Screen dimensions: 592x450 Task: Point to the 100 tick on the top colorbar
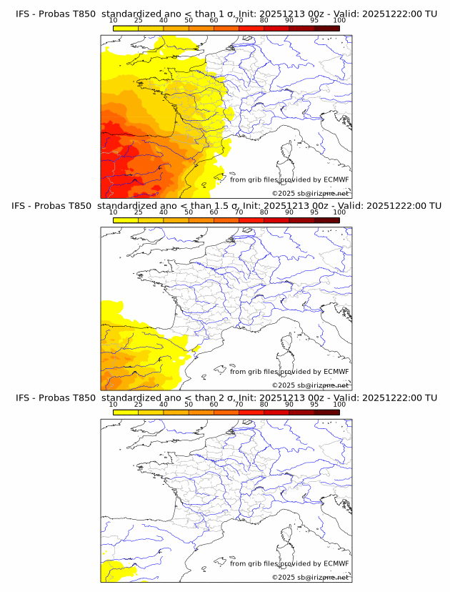point(339,20)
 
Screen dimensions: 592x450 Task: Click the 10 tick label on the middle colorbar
point(113,212)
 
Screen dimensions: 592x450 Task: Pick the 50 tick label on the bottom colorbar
point(189,405)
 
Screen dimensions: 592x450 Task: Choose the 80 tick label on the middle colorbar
point(264,212)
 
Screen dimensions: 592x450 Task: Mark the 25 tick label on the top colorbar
point(138,20)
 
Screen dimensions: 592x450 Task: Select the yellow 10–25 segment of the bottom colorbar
point(125,413)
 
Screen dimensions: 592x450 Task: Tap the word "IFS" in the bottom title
point(25,398)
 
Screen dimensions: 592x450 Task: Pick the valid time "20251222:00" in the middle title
point(396,206)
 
